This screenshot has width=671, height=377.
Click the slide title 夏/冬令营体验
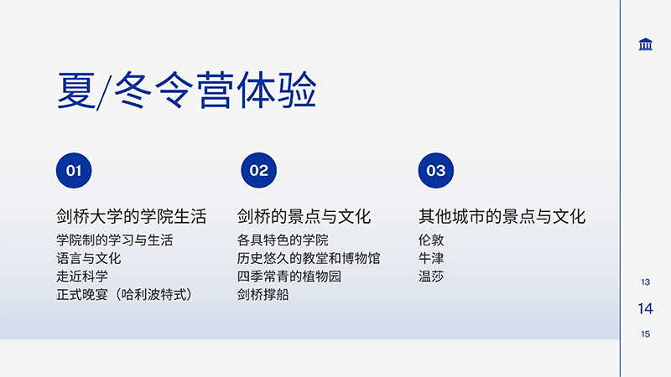pyautogui.click(x=186, y=90)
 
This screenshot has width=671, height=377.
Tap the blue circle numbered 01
pyautogui.click(x=74, y=171)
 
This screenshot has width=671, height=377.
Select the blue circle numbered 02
pyautogui.click(x=258, y=171)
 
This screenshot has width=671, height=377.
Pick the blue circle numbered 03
pyautogui.click(x=435, y=171)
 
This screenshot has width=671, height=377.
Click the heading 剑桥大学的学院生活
pyautogui.click(x=132, y=216)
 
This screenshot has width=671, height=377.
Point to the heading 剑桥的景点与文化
pyautogui.click(x=304, y=216)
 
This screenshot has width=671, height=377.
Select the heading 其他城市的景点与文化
pyautogui.click(x=502, y=216)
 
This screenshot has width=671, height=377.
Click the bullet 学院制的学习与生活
pyautogui.click(x=115, y=240)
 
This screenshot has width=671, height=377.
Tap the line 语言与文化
pyautogui.click(x=89, y=258)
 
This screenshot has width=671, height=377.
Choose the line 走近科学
pyautogui.click(x=82, y=276)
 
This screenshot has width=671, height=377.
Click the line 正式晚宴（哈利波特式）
pyautogui.click(x=124, y=295)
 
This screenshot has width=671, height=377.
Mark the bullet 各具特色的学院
pyautogui.click(x=283, y=240)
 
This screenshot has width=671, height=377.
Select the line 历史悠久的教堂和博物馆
pyautogui.click(x=309, y=258)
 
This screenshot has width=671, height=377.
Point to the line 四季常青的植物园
pyautogui.click(x=289, y=276)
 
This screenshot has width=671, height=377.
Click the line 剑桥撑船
pyautogui.click(x=263, y=295)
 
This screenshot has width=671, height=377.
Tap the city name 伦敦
pyautogui.click(x=431, y=240)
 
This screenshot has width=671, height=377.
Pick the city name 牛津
pyautogui.click(x=431, y=258)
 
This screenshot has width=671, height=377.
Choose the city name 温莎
pyautogui.click(x=431, y=276)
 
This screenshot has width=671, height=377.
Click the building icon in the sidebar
pyautogui.click(x=645, y=44)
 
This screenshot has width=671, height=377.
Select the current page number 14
pyautogui.click(x=645, y=308)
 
